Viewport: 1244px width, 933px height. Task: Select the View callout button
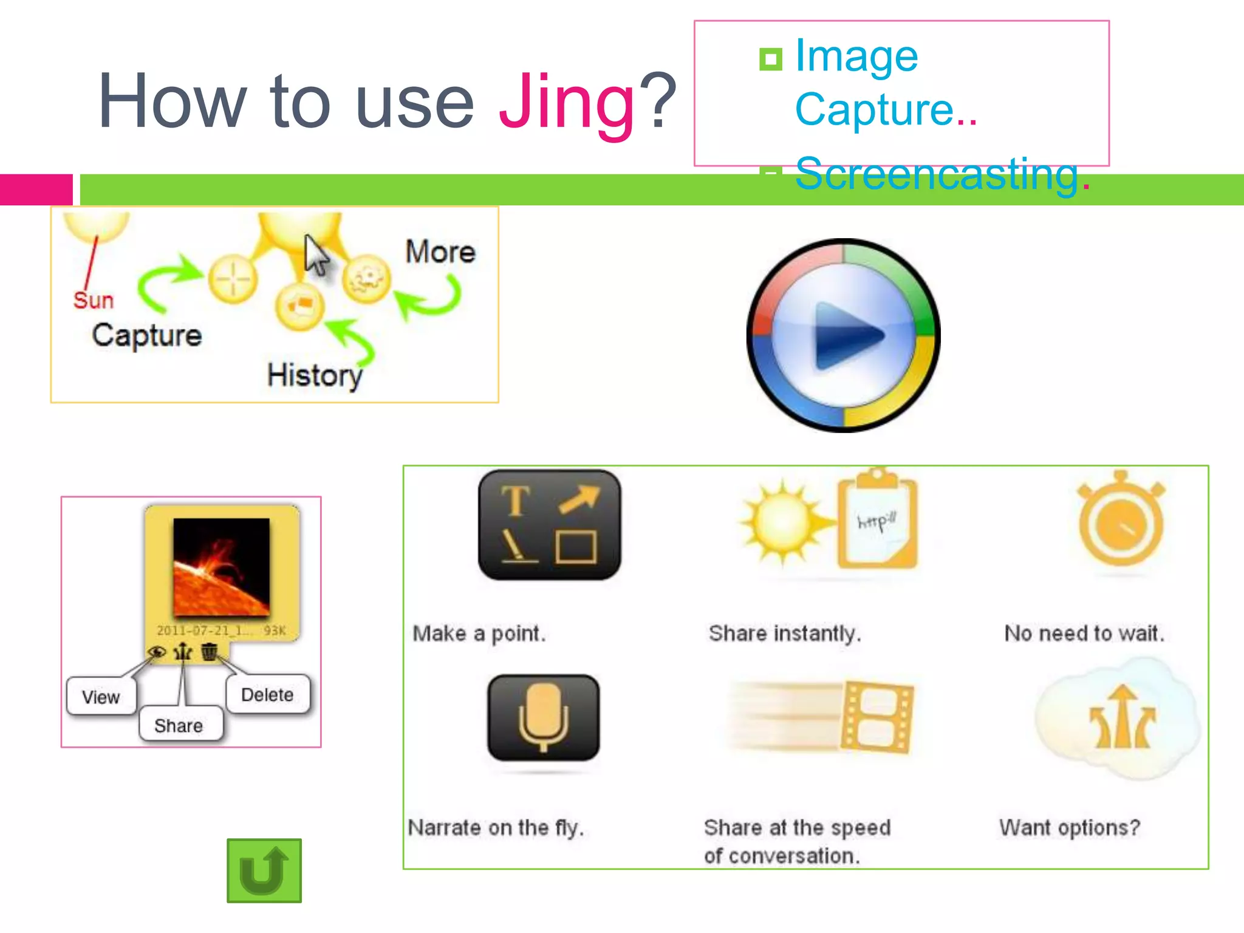(x=101, y=697)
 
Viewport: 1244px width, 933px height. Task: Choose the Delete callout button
(x=267, y=694)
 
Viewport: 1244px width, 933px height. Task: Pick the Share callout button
(x=179, y=725)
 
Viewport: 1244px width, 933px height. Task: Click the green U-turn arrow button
(x=264, y=870)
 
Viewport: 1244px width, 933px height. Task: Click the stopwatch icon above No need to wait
(x=1121, y=519)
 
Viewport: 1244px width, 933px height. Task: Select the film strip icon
(x=877, y=717)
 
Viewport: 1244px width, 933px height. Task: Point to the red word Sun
(x=94, y=300)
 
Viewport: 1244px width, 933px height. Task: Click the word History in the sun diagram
(x=315, y=375)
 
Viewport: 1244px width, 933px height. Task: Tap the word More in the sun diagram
(x=440, y=251)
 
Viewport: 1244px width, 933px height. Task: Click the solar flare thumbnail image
(x=221, y=567)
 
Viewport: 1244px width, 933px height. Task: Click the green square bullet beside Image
(x=771, y=60)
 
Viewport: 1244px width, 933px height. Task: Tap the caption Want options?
(x=1070, y=827)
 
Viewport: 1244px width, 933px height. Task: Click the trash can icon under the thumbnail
(x=209, y=652)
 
